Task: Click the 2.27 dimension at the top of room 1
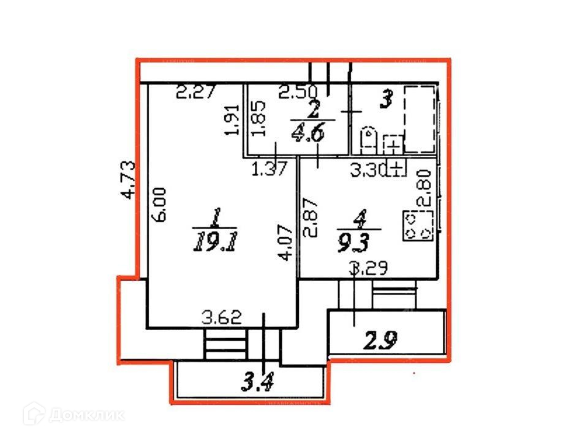(196, 94)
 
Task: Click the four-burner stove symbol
(418, 225)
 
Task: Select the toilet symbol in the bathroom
(369, 140)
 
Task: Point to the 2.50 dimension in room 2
(298, 93)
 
